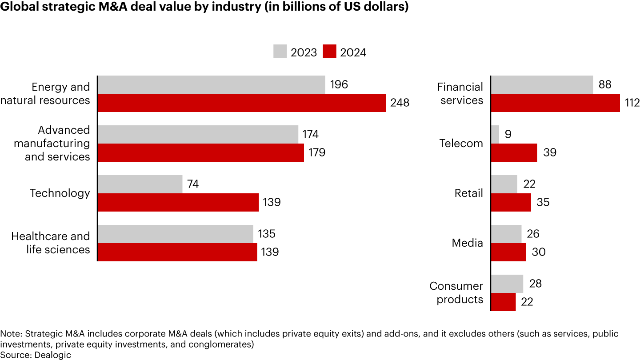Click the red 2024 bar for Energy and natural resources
(241, 103)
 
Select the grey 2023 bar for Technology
(140, 184)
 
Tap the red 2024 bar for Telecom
(514, 152)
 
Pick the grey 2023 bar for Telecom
(495, 134)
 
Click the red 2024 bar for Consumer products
(504, 302)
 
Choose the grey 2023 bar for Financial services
(542, 84)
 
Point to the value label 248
(400, 103)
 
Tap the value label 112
(631, 103)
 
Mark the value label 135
(267, 234)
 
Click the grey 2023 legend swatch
(280, 52)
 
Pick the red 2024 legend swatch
(329, 52)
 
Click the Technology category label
(60, 193)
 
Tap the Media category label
(467, 243)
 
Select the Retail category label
(468, 193)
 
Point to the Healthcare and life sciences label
(50, 243)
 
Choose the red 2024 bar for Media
(508, 252)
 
